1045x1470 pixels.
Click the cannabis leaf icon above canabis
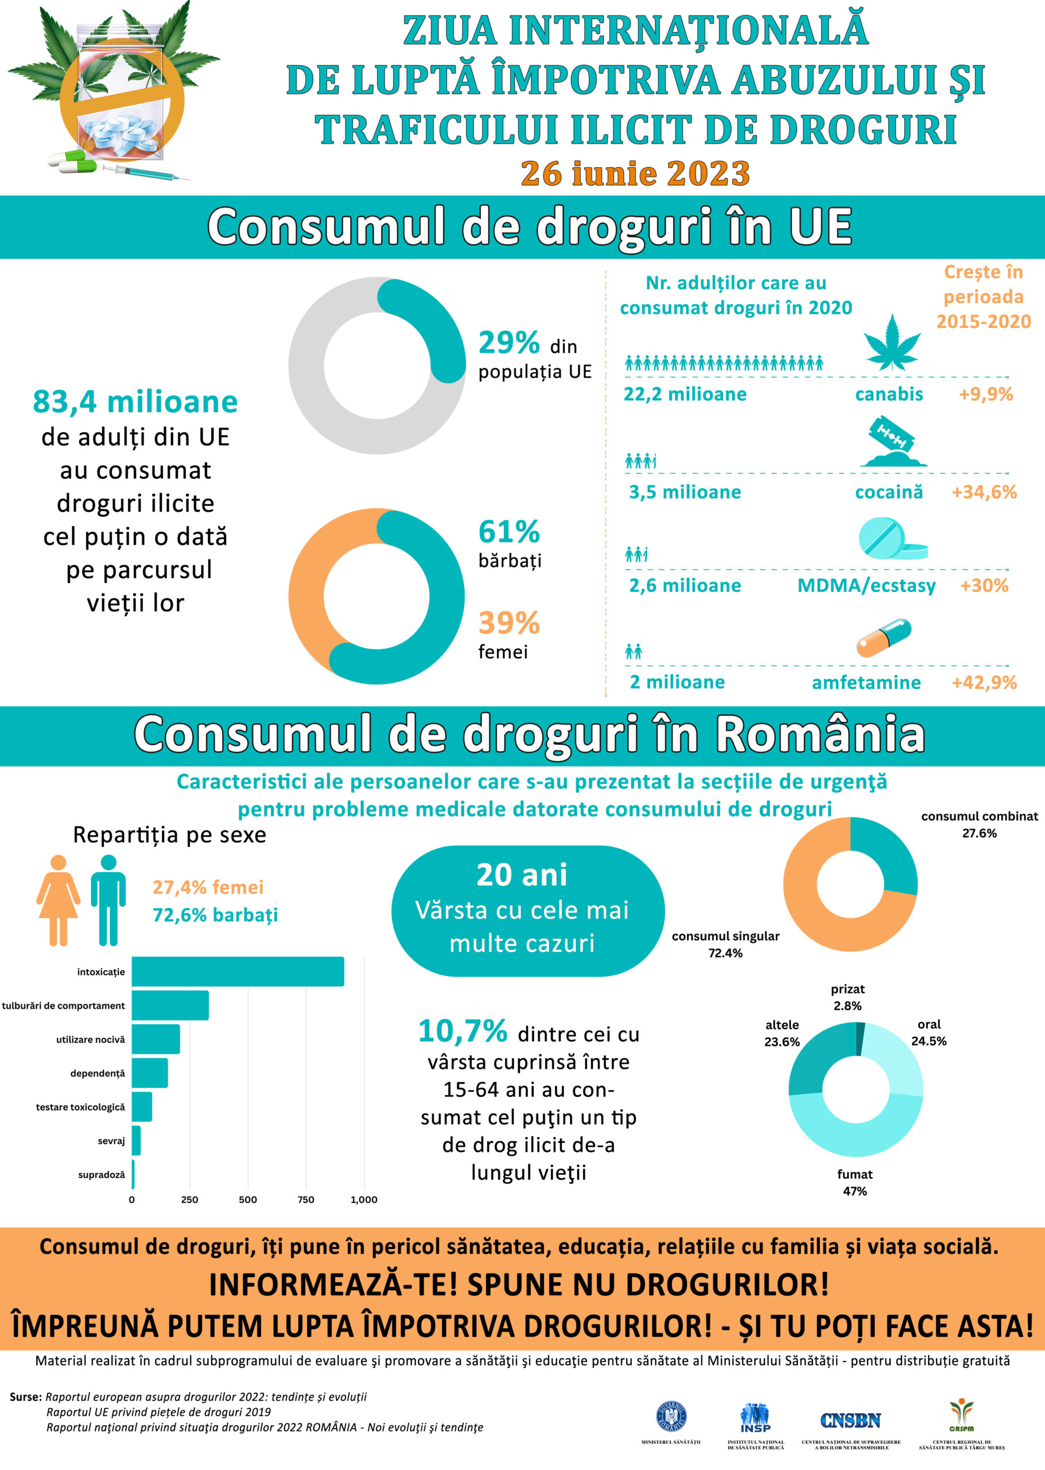(891, 343)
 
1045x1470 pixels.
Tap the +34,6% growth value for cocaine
(984, 492)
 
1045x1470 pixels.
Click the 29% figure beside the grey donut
(509, 343)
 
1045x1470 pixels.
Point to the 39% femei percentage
(509, 622)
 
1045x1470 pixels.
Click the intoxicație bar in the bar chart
(238, 972)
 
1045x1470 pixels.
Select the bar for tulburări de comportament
(170, 1005)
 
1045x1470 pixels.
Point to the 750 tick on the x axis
(306, 1200)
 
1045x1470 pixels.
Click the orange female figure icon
(59, 900)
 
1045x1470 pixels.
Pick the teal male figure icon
(108, 900)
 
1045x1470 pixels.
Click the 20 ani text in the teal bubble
(522, 875)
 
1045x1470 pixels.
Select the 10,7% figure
(463, 1031)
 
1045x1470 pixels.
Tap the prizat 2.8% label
(848, 997)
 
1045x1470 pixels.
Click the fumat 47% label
(854, 1183)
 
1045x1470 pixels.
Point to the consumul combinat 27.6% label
(979, 824)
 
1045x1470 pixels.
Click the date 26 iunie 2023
(635, 173)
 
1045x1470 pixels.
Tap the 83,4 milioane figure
(135, 402)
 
